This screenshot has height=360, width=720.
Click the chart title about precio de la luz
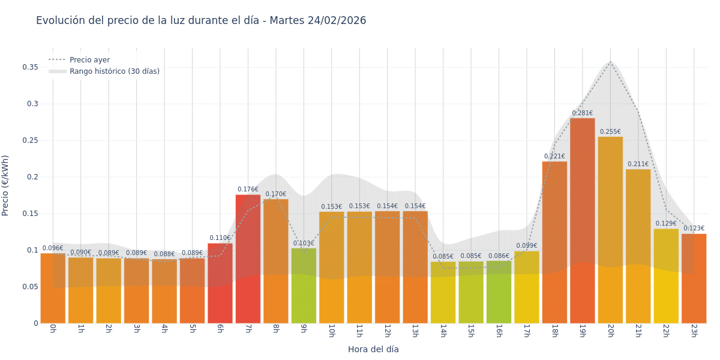pos(201,21)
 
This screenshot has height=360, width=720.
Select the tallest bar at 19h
pos(582,222)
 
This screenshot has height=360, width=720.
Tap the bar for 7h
pos(248,258)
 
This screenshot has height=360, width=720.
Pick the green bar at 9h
pos(304,286)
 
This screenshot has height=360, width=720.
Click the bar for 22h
pos(666,276)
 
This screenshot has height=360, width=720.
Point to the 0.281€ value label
pos(582,113)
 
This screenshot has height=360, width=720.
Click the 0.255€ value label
pos(610,132)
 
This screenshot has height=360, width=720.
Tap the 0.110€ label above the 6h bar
pos(220,238)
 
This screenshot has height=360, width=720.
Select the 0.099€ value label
pos(526,246)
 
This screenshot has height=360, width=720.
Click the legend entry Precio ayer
pos(89,60)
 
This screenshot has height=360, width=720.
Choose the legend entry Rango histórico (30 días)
pos(114,71)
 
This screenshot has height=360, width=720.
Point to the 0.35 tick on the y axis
pos(30,67)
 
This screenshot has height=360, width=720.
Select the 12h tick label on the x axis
pos(387,331)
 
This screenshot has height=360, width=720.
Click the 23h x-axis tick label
pos(694,331)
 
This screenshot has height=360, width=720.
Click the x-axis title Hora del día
pos(373,349)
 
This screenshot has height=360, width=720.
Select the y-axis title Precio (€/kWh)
pos(5,185)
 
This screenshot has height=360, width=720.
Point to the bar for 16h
pos(499,292)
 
